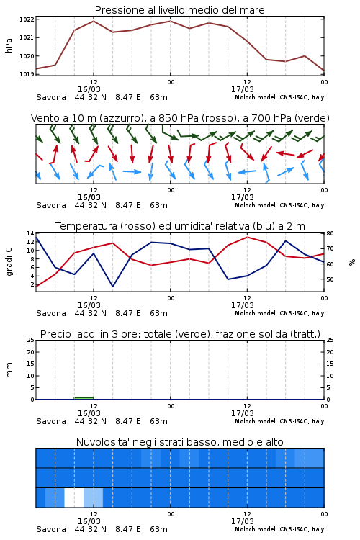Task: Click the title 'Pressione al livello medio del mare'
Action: (179, 10)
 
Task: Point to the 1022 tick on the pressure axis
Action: (27, 19)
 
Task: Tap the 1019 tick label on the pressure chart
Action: (27, 74)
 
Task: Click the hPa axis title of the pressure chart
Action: (9, 45)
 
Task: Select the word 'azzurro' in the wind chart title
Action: (120, 118)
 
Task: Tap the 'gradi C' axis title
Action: (9, 261)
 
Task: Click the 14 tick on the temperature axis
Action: (30, 233)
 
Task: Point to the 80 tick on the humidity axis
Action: (330, 233)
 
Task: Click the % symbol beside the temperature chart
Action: (352, 262)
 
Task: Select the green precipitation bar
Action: (84, 398)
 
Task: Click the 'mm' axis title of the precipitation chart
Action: (9, 370)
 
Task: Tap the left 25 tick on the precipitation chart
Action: (30, 340)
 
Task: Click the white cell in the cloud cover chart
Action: (74, 498)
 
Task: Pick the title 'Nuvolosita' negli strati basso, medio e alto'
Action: (179, 442)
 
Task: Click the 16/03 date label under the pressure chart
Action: (89, 89)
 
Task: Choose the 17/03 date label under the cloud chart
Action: (243, 521)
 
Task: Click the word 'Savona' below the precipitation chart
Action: (51, 421)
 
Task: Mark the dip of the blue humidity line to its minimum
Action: (112, 286)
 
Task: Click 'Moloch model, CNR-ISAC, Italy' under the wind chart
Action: (279, 205)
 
